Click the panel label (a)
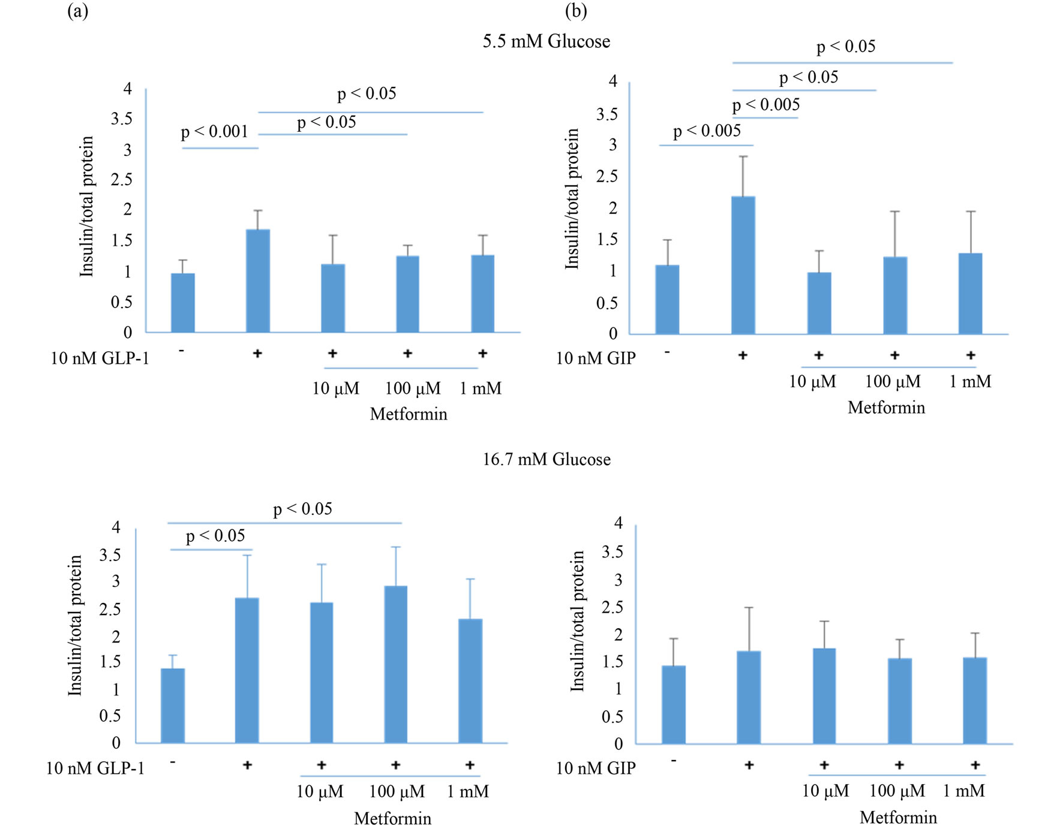pos(77,10)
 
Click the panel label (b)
pos(576,10)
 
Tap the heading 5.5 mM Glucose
pos(546,41)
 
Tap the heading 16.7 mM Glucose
pos(546,460)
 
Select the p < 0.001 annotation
pos(215,131)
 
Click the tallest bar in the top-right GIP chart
pos(743,265)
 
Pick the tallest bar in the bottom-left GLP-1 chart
pos(395,664)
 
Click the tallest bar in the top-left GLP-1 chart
pos(258,281)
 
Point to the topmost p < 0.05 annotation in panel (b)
pos(846,47)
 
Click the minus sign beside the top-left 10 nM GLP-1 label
pos(181,351)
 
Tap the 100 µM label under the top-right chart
pos(893,382)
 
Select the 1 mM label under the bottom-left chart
pos(468,792)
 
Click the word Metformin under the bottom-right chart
pos(898,818)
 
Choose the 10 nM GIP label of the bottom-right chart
pos(596,768)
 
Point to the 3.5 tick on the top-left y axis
pos(121,119)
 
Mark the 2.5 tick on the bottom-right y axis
pos(612,607)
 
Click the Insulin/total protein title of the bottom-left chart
pos(75,625)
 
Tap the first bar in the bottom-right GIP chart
pos(674,704)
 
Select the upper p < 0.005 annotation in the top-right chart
pos(766,105)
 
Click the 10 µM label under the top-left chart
pos(335,388)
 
